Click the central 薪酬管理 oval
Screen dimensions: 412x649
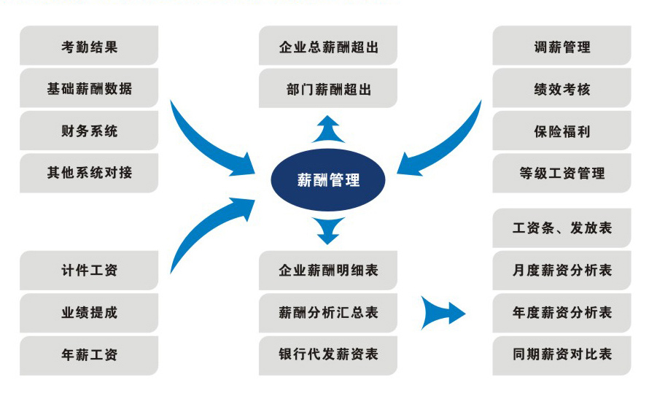[x=328, y=179]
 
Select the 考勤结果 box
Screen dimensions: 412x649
[x=89, y=47]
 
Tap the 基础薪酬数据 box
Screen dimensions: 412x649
[x=89, y=89]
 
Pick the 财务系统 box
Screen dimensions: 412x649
[x=89, y=131]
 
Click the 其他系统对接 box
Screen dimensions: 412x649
[x=89, y=174]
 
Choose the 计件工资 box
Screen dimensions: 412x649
[x=89, y=271]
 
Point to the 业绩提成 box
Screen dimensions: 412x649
[x=89, y=313]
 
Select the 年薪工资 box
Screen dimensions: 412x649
[x=89, y=355]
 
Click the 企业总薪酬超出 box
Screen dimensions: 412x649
[x=328, y=47]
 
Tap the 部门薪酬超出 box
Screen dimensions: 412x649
[x=328, y=89]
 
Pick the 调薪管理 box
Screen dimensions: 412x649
[x=561, y=47]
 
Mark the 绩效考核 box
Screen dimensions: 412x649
[x=561, y=89]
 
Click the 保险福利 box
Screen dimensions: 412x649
[x=561, y=131]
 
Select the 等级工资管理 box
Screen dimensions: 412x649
[x=561, y=174]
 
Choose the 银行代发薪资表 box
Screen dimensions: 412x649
[x=328, y=355]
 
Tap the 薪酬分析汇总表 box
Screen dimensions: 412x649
[x=328, y=313]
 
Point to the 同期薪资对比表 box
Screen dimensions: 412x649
[x=561, y=355]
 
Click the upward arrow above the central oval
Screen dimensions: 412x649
[x=328, y=128]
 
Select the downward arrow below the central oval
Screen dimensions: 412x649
[x=329, y=230]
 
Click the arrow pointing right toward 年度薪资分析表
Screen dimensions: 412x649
[x=443, y=312]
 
